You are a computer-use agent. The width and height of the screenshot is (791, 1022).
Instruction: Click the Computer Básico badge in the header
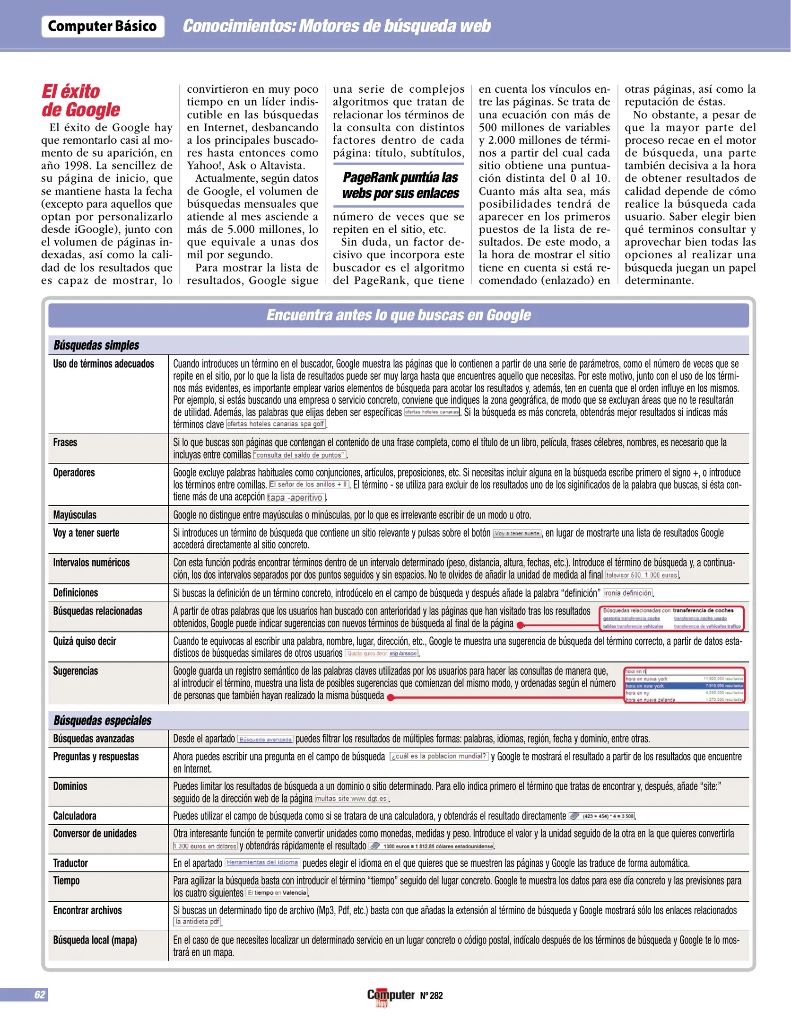[103, 26]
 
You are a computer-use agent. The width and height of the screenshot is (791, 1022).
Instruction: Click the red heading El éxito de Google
[80, 100]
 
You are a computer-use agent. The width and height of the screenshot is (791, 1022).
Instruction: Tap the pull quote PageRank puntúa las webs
[400, 185]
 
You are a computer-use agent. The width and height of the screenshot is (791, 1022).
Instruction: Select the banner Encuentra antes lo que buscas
[398, 315]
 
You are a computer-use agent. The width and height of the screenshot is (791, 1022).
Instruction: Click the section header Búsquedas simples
[96, 345]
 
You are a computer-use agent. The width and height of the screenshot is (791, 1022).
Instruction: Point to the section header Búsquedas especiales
[103, 721]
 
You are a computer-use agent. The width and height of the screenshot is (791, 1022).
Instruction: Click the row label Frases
[65, 442]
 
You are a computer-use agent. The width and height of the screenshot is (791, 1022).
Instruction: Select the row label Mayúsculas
[75, 515]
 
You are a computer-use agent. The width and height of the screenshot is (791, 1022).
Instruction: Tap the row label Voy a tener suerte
[86, 533]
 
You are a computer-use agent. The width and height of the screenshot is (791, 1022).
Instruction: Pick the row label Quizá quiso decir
[85, 641]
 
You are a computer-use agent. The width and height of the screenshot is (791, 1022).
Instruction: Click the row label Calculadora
[75, 816]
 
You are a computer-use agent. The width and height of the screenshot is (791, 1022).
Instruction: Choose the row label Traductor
[70, 863]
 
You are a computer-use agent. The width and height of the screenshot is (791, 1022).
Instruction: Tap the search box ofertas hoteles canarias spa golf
[276, 424]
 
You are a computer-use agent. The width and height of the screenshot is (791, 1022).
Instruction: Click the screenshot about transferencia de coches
[672, 618]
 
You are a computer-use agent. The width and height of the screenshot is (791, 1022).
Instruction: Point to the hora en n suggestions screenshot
[684, 685]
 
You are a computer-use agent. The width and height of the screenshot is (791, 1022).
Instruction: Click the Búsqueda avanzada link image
[265, 740]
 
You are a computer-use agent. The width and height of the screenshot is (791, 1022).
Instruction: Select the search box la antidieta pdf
[197, 922]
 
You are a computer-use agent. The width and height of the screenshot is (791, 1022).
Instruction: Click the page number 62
[40, 995]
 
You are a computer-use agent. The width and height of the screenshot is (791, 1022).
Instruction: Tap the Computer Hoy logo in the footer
[391, 996]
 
